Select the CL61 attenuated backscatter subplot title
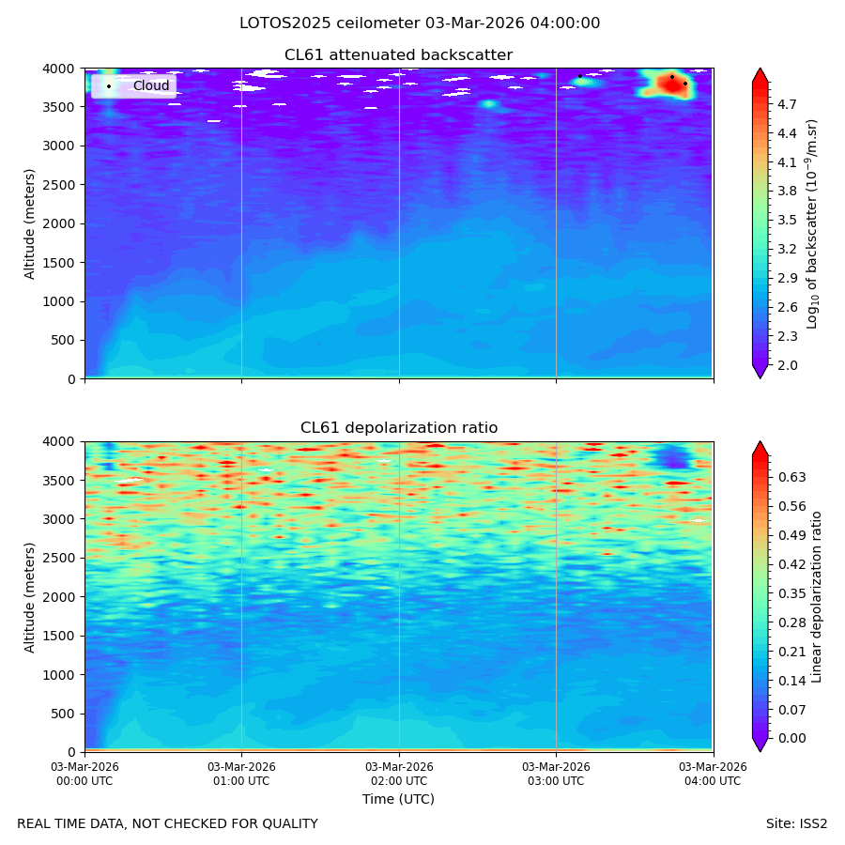point(398,55)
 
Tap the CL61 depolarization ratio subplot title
point(399,428)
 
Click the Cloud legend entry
point(151,85)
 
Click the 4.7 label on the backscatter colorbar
point(787,104)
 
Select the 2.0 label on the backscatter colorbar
point(787,365)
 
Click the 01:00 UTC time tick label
point(241,774)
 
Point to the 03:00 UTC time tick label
point(556,774)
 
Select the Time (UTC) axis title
point(398,799)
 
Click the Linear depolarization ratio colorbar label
point(816,597)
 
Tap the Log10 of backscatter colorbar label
point(812,223)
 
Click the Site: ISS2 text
point(796,824)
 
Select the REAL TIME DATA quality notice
point(168,824)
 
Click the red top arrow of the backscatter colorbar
point(760,75)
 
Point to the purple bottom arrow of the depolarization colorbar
point(760,745)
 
